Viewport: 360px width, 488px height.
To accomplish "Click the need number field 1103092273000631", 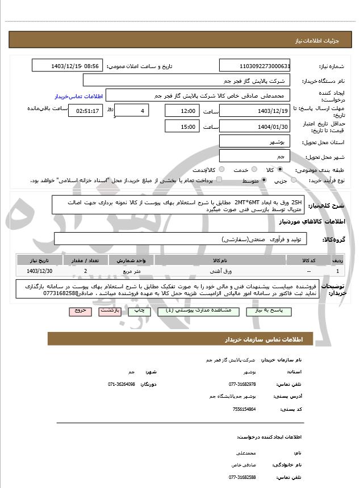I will click(x=254, y=66).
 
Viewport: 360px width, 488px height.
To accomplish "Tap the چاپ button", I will click(x=139, y=311).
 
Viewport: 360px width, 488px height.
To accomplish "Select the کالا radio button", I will click(x=279, y=170).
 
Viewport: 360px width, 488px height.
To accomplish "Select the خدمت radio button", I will click(x=254, y=170).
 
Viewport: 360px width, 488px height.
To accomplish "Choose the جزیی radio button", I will click(x=294, y=180).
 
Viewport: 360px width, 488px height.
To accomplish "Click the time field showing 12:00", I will click(x=182, y=111).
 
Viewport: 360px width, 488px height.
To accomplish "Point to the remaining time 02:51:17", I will click(x=85, y=111).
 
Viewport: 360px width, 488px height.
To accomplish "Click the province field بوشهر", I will click(x=254, y=141).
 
